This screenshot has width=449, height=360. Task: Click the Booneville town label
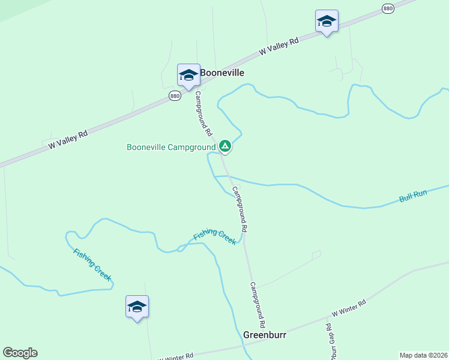222,72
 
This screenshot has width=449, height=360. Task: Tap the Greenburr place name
265,335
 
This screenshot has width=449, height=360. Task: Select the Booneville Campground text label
171,147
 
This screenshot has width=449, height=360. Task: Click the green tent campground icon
224,146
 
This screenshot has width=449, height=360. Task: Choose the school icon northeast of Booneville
327,22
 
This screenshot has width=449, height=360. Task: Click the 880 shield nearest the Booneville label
175,96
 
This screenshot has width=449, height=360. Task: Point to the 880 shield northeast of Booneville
388,8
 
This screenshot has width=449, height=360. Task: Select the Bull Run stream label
413,196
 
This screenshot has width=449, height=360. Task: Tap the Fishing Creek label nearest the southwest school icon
92,265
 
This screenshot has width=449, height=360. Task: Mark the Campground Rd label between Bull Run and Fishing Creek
240,209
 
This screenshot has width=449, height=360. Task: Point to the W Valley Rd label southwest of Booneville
68,140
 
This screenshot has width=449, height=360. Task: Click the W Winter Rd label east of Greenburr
349,309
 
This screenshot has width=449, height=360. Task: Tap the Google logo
20,353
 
